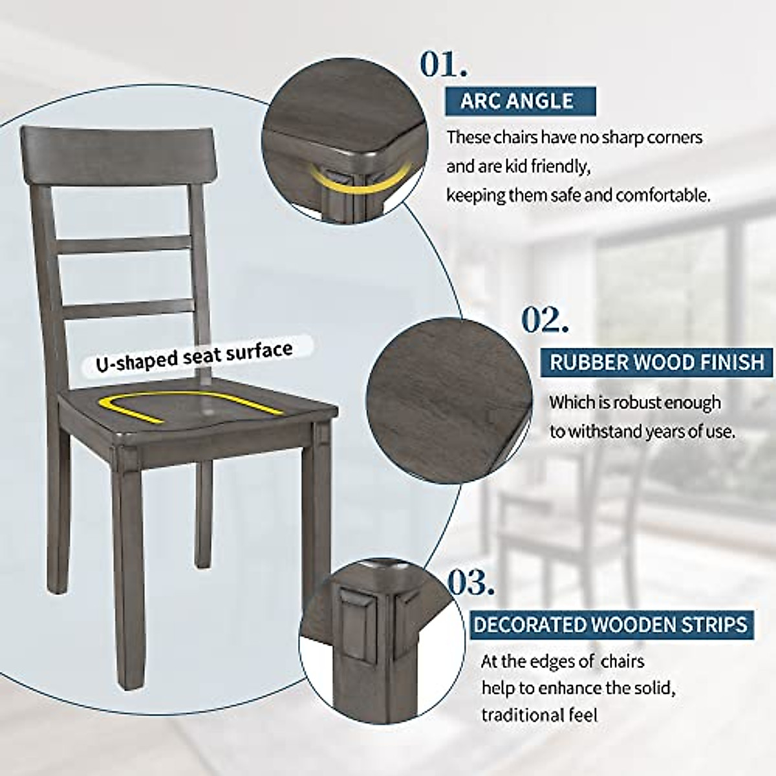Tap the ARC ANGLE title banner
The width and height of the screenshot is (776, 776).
pyautogui.click(x=517, y=101)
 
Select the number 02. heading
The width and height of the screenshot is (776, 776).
pyautogui.click(x=545, y=320)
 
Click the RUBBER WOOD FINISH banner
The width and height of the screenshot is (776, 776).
pyautogui.click(x=656, y=361)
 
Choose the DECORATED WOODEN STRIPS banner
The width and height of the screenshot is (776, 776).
pyautogui.click(x=610, y=625)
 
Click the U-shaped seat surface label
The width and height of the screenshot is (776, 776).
pyautogui.click(x=195, y=355)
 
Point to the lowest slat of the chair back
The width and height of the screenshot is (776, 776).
pyautogui.click(x=123, y=308)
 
